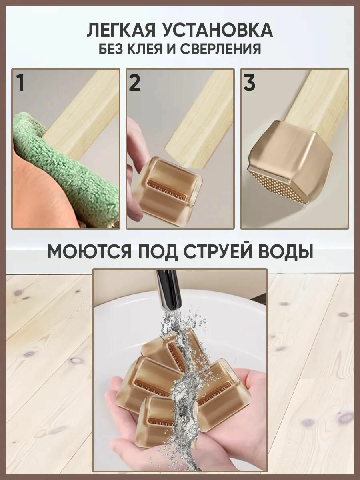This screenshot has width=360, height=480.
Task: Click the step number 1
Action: pos(21,83)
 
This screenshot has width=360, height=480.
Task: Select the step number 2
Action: pos(135,83)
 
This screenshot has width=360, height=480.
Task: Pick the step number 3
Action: pos(249,83)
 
